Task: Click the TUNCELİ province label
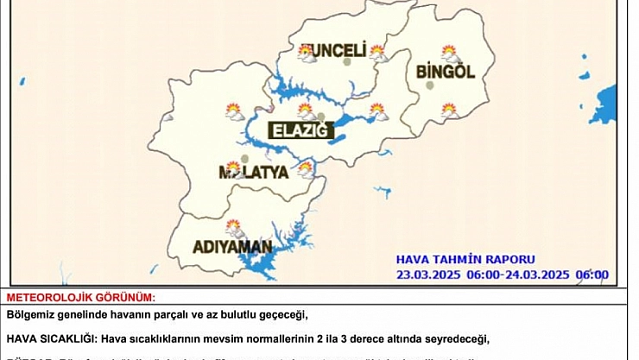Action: [x=332, y=50]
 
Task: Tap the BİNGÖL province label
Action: [x=446, y=72]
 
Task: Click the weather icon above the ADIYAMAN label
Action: [x=233, y=228]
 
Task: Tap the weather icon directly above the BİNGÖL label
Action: [x=449, y=53]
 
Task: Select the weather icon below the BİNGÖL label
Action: [x=449, y=110]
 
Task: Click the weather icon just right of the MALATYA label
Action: [x=305, y=167]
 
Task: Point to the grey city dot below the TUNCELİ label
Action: [x=347, y=62]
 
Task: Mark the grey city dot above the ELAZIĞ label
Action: [x=321, y=117]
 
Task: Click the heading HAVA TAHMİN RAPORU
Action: [x=465, y=259]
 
